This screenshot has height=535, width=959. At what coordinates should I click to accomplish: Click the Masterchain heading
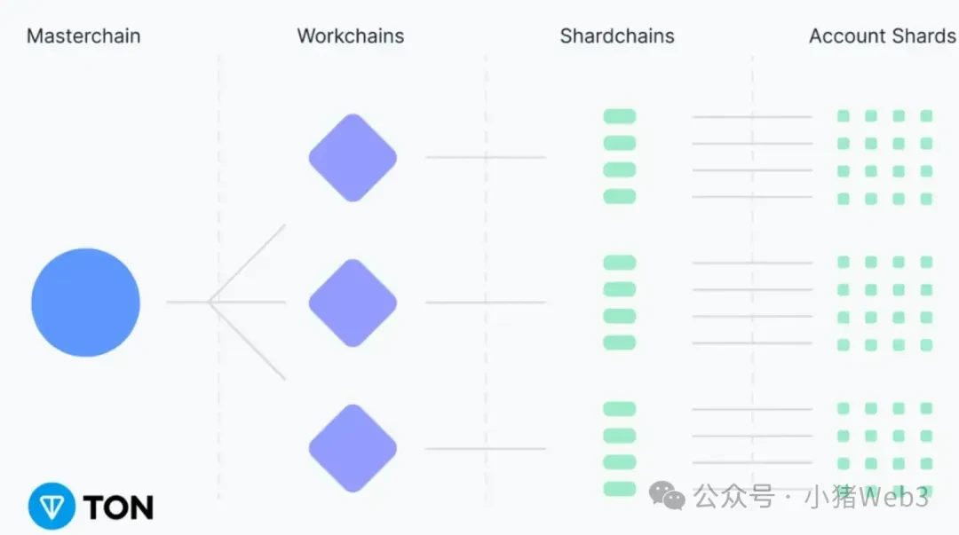[x=83, y=36]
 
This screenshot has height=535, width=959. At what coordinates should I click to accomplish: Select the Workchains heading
[x=351, y=36]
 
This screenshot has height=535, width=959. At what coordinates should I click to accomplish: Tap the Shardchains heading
[x=617, y=36]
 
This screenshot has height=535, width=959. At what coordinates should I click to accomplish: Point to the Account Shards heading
[x=883, y=36]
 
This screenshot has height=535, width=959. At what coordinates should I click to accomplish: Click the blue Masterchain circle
[x=85, y=303]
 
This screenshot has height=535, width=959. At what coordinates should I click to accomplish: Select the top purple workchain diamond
[x=353, y=158]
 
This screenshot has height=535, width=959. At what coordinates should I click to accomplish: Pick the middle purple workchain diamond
[x=353, y=303]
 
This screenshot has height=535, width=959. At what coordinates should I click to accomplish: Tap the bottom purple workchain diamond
[x=353, y=448]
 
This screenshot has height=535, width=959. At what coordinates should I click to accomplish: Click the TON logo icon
[x=52, y=507]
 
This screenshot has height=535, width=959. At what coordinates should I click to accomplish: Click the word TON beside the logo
[x=118, y=507]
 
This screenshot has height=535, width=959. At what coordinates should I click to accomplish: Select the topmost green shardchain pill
[x=620, y=116]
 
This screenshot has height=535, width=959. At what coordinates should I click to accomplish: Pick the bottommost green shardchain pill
[x=620, y=489]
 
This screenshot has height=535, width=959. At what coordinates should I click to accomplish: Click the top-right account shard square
[x=926, y=116]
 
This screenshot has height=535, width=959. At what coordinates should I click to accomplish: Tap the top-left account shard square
[x=844, y=116]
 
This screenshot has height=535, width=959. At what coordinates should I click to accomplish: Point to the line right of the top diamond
[x=485, y=157]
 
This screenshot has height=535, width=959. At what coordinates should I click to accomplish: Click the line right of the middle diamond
[x=485, y=303]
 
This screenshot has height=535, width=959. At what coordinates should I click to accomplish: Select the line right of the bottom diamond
[x=485, y=448]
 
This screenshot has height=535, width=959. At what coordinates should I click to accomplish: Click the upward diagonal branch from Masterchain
[x=248, y=263]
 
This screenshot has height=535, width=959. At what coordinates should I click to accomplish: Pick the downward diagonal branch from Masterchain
[x=248, y=342]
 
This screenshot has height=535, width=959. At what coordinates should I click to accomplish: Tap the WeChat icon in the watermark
[x=667, y=496]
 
